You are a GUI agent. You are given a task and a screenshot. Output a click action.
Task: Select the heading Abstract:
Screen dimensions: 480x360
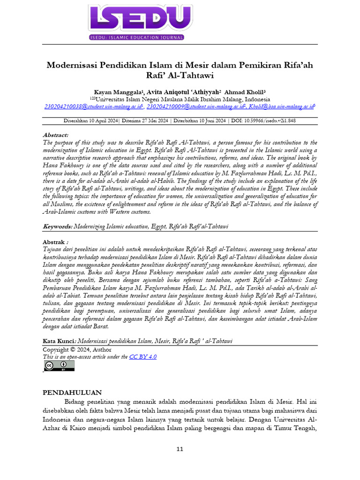[55, 135]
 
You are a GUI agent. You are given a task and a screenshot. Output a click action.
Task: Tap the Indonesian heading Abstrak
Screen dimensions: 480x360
[55, 242]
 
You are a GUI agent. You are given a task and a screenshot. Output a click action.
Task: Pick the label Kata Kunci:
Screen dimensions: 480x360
[59, 341]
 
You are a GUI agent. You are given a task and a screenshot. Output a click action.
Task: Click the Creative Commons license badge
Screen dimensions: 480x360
[59, 366]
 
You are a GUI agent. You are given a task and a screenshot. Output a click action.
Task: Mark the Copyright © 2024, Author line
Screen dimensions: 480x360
[77, 349]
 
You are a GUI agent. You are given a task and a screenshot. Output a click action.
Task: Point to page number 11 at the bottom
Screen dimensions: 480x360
[180, 449]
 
